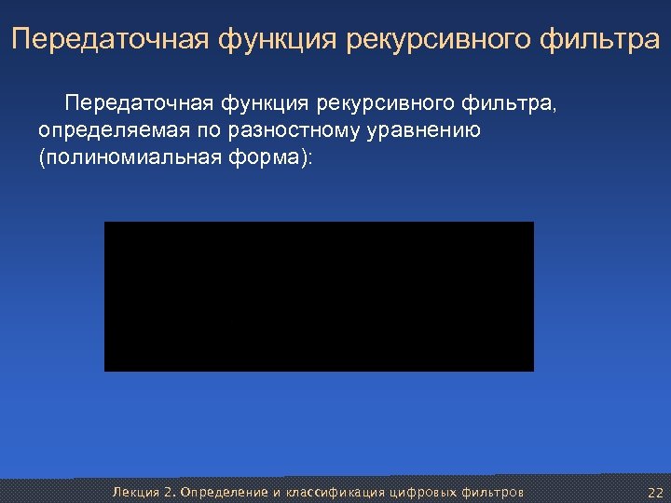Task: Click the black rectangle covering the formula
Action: pyautogui.click(x=319, y=296)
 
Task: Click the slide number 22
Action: pyautogui.click(x=654, y=492)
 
